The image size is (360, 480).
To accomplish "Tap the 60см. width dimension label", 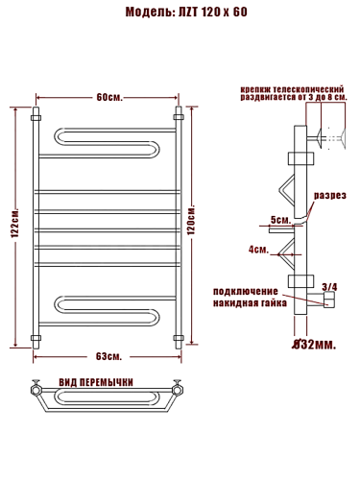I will click(108, 97).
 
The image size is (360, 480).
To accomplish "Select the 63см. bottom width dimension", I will click(108, 358).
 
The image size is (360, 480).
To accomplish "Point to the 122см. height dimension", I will click(14, 227).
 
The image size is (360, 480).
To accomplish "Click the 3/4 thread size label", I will click(329, 286).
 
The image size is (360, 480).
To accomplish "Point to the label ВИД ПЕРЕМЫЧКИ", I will click(108, 382).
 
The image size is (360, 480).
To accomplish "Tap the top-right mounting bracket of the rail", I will click(178, 117).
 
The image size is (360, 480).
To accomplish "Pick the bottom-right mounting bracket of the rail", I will click(178, 338).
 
